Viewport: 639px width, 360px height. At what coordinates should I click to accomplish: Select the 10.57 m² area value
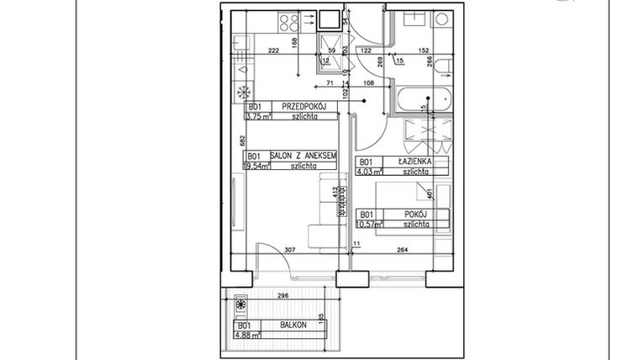click(371, 225)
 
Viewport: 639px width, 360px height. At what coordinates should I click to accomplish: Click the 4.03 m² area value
click(371, 172)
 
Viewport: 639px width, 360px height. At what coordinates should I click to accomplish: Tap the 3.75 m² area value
click(257, 118)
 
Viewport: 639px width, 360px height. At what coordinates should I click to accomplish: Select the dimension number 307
click(288, 250)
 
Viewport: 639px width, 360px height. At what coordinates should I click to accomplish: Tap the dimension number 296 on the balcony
click(283, 296)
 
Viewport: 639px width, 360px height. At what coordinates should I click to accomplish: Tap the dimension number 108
click(367, 84)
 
